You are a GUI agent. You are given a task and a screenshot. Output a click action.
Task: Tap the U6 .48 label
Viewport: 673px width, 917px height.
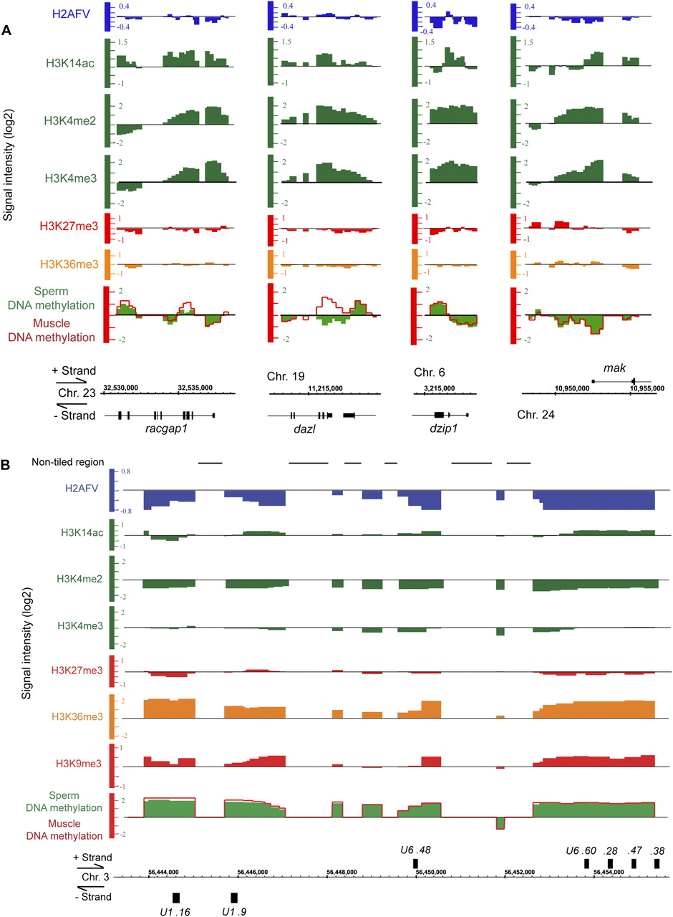(x=416, y=850)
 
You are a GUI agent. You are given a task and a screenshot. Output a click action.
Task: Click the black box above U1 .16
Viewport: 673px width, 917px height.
(x=176, y=898)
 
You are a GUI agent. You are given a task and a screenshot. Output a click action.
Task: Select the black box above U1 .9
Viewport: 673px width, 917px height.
(x=234, y=898)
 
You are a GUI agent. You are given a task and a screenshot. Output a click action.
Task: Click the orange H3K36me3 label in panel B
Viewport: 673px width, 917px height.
(x=75, y=716)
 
